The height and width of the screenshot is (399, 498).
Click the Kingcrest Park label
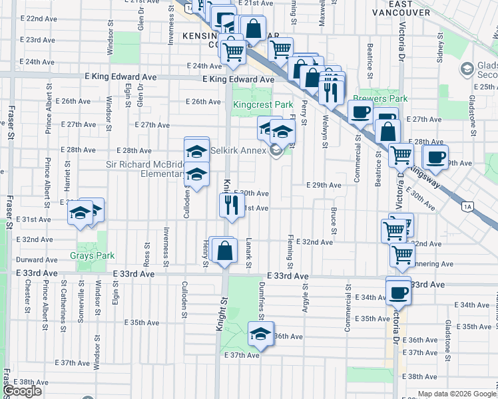(263, 105)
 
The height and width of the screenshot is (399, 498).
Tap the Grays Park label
(93, 255)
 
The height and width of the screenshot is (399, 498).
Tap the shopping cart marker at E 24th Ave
(234, 51)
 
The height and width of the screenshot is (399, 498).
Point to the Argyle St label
(306, 295)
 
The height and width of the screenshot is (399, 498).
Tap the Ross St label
(146, 253)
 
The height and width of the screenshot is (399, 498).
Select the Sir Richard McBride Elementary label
(146, 170)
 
